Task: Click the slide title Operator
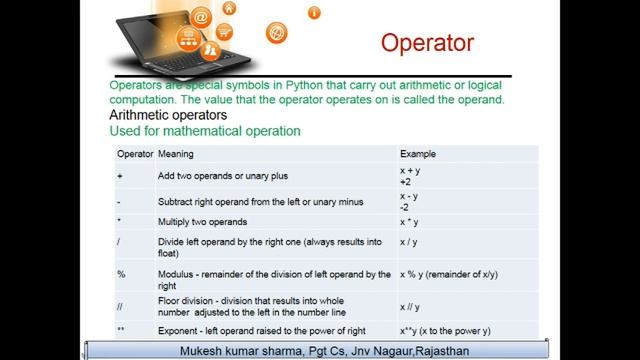(427, 43)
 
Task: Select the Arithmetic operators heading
(167, 115)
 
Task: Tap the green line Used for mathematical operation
(204, 131)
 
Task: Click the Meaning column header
(176, 154)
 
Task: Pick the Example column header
(418, 154)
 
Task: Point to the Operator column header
(135, 154)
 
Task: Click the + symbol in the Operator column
(120, 176)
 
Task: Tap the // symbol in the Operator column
(121, 306)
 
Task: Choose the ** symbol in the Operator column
(121, 330)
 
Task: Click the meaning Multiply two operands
(202, 222)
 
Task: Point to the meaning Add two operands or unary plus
(223, 176)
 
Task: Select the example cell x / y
(409, 242)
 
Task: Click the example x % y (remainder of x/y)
(448, 274)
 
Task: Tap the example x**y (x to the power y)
(447, 330)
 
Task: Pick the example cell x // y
(410, 307)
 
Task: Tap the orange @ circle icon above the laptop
(201, 18)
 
